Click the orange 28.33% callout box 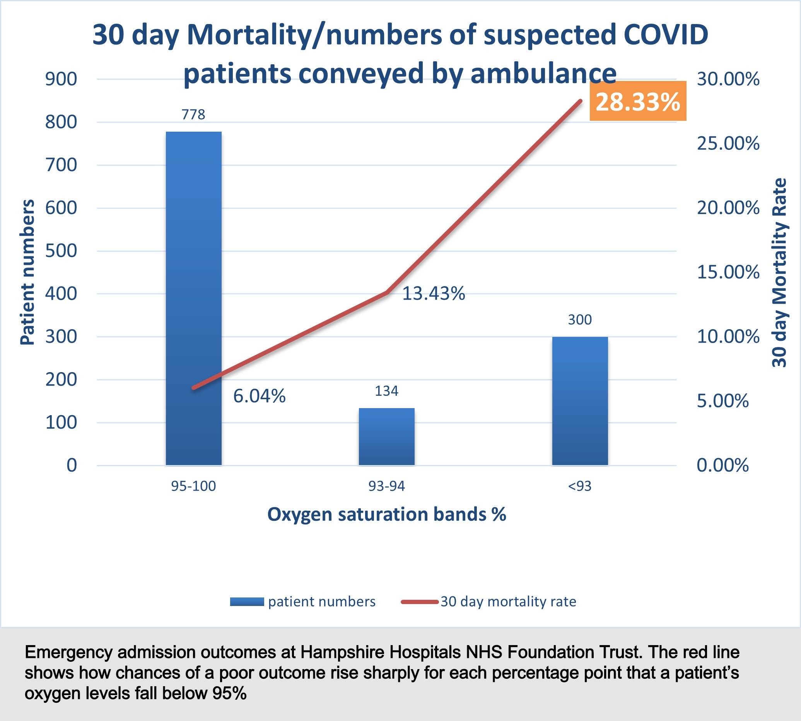pos(637,101)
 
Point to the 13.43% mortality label pos(433,294)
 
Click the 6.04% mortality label pos(259,396)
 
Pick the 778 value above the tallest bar pos(193,115)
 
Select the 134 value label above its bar pos(386,391)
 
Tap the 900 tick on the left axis pos(61,79)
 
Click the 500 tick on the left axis pos(61,251)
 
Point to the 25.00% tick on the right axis pos(728,143)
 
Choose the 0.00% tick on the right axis pos(722,465)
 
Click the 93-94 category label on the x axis pos(387,486)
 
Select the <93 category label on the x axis pos(579,486)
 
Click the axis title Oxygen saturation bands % pos(387,515)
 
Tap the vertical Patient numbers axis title pos(27,272)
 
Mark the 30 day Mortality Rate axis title pos(779,273)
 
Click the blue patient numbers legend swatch pos(246,602)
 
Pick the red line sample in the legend pos(419,602)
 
